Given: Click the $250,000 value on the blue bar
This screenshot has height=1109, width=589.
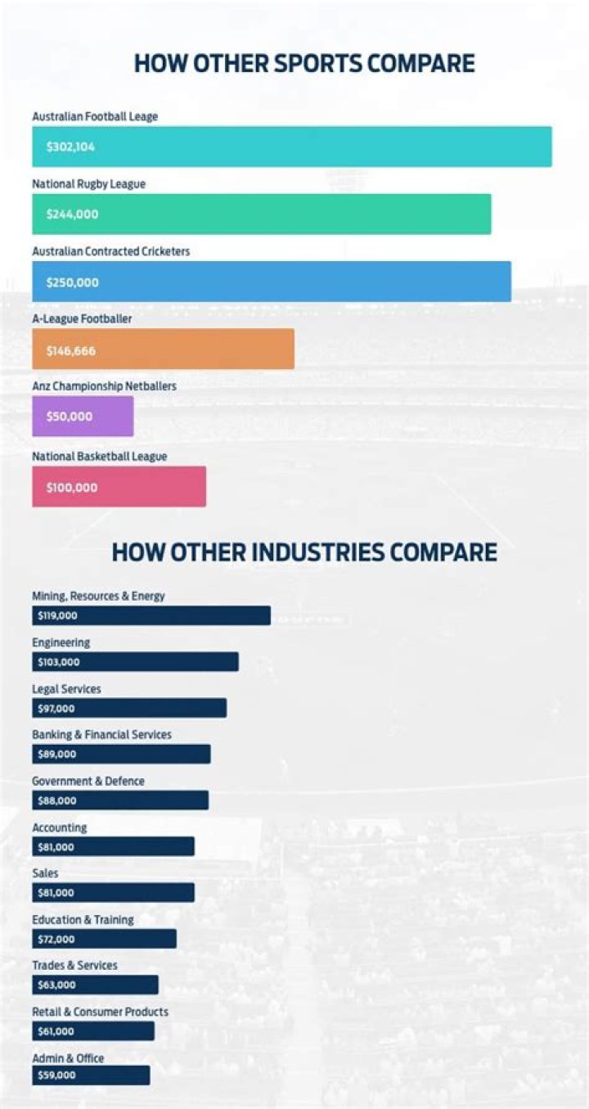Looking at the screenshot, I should pos(73,282).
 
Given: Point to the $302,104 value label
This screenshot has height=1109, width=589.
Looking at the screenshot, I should pos(70,147).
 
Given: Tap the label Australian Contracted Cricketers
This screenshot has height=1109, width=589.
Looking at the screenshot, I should pos(110,251).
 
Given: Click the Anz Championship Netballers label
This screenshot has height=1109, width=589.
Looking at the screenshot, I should pos(104,385).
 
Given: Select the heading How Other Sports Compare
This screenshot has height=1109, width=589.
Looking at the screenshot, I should pos(304,64).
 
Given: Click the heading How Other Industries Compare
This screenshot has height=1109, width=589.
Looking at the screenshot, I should pos(304,552).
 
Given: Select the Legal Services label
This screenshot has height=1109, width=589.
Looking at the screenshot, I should pos(66,689).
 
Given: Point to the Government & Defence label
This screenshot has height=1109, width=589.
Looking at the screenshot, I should pos(88,782).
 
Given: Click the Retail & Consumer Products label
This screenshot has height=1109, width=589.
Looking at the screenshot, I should pos(100,1012).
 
